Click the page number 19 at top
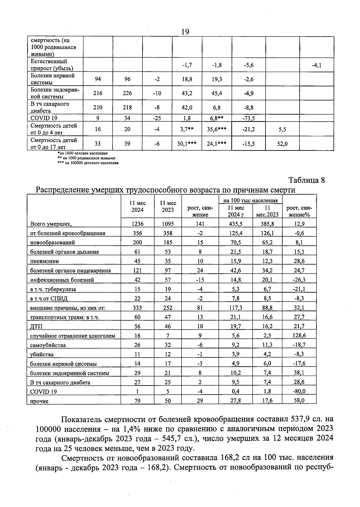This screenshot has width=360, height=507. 185,32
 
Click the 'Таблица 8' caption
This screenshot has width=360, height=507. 306,180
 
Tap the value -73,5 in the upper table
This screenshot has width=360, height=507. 248,118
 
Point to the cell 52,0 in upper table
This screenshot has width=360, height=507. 282,144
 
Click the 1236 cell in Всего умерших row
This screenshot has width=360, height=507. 137,224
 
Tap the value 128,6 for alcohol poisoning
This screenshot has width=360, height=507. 299,336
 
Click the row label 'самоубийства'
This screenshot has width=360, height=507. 48,345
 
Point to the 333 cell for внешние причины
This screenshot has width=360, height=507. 137,308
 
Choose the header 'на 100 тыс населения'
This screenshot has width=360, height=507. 250,200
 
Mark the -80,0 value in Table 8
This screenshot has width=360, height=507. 299,391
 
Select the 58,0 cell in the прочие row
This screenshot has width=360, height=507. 299,401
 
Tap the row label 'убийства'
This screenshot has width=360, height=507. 42,354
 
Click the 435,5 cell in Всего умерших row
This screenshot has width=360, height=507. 235,224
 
